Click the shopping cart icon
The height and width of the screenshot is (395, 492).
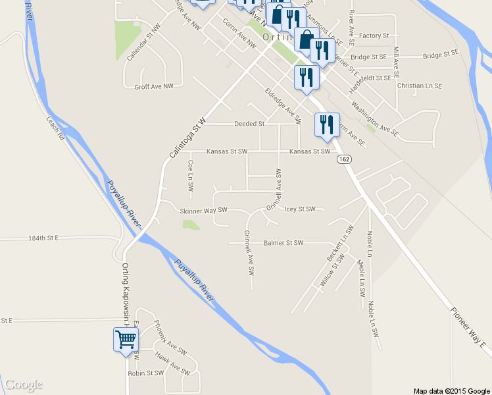[126, 340]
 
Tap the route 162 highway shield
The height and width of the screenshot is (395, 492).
[344, 159]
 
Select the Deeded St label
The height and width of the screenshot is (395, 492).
[249, 124]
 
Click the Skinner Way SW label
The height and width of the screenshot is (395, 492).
[203, 211]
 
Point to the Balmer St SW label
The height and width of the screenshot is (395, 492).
[283, 243]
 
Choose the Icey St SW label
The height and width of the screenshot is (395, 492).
[300, 209]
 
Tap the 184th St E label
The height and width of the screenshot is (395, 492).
[43, 237]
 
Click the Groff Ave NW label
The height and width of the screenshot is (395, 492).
[154, 86]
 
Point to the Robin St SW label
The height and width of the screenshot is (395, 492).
[145, 373]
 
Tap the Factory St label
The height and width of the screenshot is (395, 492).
[375, 36]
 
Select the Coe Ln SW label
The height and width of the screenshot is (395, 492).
[190, 176]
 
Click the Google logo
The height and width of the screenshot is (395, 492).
[23, 384]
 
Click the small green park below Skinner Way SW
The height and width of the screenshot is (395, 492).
[190, 225]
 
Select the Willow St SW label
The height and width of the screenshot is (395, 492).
[332, 272]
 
